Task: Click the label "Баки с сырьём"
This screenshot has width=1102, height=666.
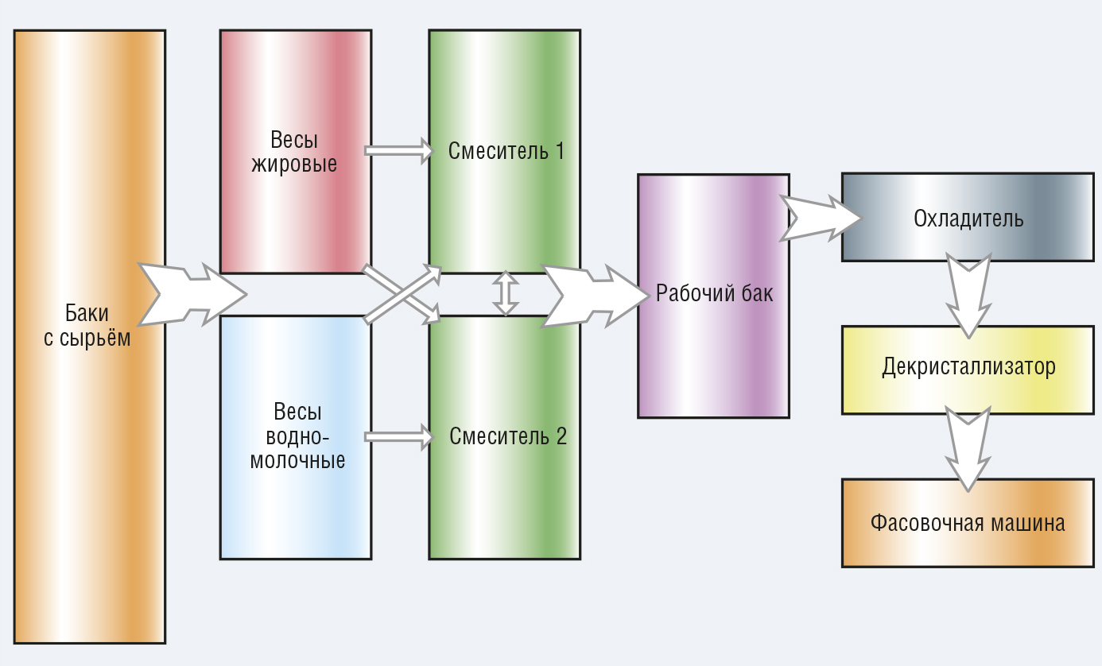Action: pyautogui.click(x=87, y=326)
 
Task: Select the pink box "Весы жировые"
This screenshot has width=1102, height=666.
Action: pyautogui.click(x=296, y=152)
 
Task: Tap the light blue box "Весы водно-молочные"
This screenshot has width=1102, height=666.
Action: pyautogui.click(x=296, y=437)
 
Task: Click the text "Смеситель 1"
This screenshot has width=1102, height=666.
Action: pyautogui.click(x=506, y=151)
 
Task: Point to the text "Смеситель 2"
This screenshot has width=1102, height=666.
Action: pyautogui.click(x=508, y=436)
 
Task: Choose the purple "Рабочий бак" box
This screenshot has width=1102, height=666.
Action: pyautogui.click(x=713, y=296)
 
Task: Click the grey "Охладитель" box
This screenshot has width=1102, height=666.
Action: pyautogui.click(x=968, y=218)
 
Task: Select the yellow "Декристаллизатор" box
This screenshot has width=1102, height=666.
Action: pyautogui.click(x=968, y=370)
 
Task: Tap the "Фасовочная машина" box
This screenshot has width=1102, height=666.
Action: pyautogui.click(x=968, y=524)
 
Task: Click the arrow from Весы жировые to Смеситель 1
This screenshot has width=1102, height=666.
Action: pyautogui.click(x=398, y=151)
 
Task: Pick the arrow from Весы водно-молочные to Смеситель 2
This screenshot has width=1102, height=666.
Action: pyautogui.click(x=398, y=437)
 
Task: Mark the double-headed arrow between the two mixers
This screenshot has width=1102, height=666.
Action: pyautogui.click(x=506, y=293)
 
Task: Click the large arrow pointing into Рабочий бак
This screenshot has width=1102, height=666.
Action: pyautogui.click(x=596, y=296)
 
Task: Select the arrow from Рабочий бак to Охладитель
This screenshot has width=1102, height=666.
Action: pyautogui.click(x=820, y=219)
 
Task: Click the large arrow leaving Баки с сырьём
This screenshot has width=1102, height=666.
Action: pyautogui.click(x=192, y=295)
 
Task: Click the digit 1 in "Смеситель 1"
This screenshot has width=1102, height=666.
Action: pyautogui.click(x=560, y=151)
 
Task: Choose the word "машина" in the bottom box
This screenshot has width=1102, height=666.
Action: pyautogui.click(x=1028, y=524)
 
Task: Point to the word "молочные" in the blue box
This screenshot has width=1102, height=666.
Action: pyautogui.click(x=297, y=461)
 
